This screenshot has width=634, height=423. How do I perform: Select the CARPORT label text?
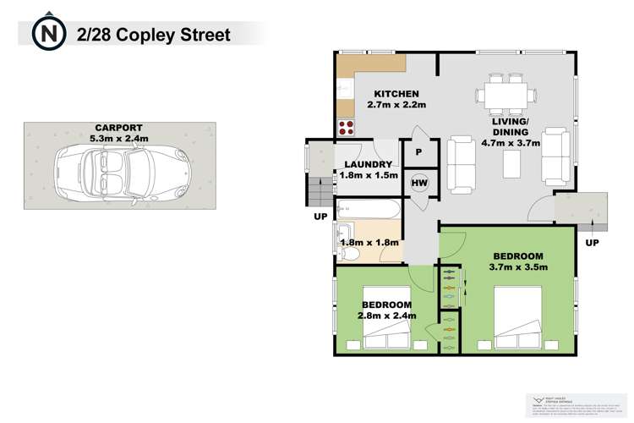click(x=118, y=131)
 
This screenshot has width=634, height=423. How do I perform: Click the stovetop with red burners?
click(x=347, y=128)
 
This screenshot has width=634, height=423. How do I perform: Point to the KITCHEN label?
click(x=396, y=94)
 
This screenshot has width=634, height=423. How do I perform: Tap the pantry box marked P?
click(x=418, y=153)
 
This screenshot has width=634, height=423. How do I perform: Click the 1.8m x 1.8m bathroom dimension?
click(x=369, y=243)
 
